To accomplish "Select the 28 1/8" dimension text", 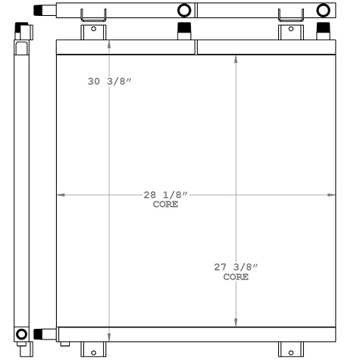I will click(x=165, y=196).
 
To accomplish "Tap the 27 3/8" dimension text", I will click(x=236, y=267).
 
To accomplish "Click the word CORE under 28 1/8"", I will click(x=165, y=205).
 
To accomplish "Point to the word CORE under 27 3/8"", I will click(x=236, y=277).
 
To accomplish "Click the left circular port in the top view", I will click(x=183, y=11).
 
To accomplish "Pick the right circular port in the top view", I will click(x=324, y=11).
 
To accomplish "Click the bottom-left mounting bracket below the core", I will click(x=93, y=349).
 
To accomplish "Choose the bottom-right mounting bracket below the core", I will click(x=290, y=349).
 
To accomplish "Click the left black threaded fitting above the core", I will click(x=183, y=30).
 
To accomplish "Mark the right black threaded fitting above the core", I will click(x=324, y=30).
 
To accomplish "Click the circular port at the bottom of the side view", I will click(x=20, y=333).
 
